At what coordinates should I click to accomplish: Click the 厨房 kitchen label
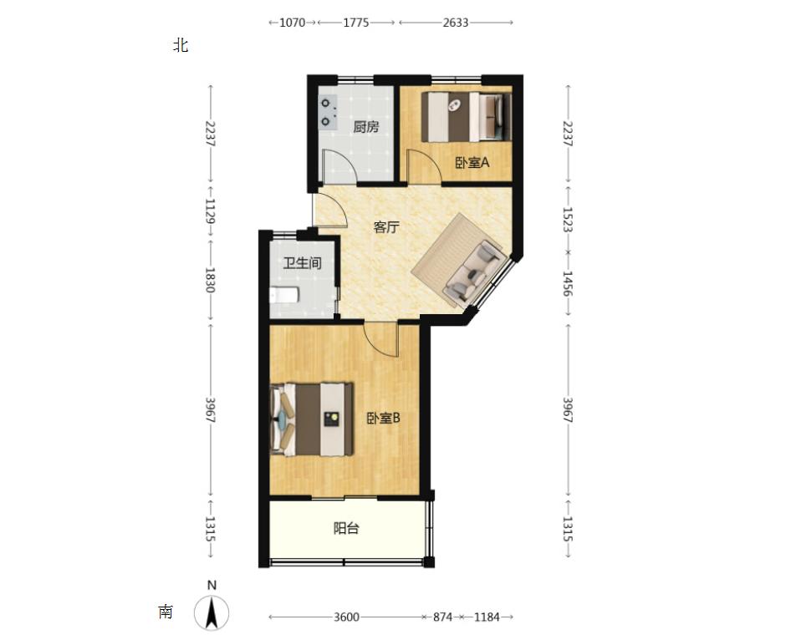pos(366,127)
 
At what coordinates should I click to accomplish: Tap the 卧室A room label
pos(472,163)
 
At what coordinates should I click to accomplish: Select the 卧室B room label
pos(384,418)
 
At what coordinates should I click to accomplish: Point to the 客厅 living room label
pos(386,227)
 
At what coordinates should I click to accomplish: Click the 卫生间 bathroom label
pos(302,263)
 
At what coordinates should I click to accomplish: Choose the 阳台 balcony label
pos(346,528)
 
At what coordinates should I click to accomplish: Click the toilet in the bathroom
pos(284,294)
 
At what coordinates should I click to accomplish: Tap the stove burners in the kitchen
pos(327,113)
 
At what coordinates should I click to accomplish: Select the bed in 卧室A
pos(467,117)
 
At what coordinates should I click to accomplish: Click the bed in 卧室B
pos(311,419)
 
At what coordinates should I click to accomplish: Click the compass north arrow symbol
pos(212,612)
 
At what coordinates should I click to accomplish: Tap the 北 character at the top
pos(181,46)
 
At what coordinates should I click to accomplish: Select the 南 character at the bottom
pos(166,612)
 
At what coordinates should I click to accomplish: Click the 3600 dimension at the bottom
pos(346,617)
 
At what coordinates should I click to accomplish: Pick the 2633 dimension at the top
pos(456,23)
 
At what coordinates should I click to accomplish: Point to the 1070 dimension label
pos(292,23)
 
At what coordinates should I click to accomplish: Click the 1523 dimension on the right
pos(568,220)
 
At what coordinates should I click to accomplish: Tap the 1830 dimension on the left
pos(210,281)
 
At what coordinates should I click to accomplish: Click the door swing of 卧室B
pos(382,339)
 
